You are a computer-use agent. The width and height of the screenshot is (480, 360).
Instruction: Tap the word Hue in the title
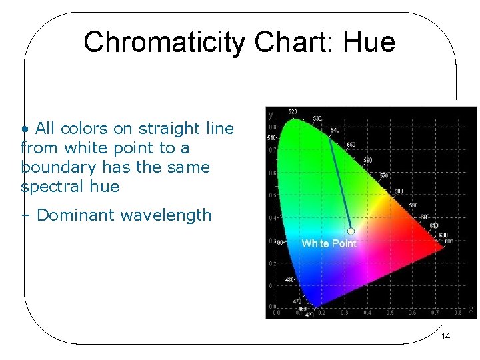pyautogui.click(x=369, y=42)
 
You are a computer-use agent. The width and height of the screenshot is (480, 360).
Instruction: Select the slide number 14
pyautogui.click(x=445, y=336)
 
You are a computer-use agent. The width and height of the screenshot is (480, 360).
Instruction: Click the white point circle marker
pyautogui.click(x=351, y=231)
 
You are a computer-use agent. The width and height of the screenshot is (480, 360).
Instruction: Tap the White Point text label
pyautogui.click(x=329, y=243)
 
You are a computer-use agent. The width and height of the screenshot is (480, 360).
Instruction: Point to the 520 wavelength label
pyautogui.click(x=293, y=111)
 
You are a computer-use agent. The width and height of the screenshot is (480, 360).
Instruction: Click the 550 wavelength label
pyautogui.click(x=351, y=145)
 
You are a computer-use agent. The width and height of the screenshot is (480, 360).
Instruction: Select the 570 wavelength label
pyautogui.click(x=384, y=175)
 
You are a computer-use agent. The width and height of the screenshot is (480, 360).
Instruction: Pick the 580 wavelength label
pyautogui.click(x=398, y=191)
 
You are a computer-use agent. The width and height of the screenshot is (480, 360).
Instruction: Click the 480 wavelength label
pyautogui.click(x=290, y=279)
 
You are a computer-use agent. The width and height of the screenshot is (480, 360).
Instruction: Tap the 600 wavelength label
pyautogui.click(x=424, y=216)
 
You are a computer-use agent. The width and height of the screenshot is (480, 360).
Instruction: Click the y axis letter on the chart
pyautogui.click(x=271, y=115)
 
